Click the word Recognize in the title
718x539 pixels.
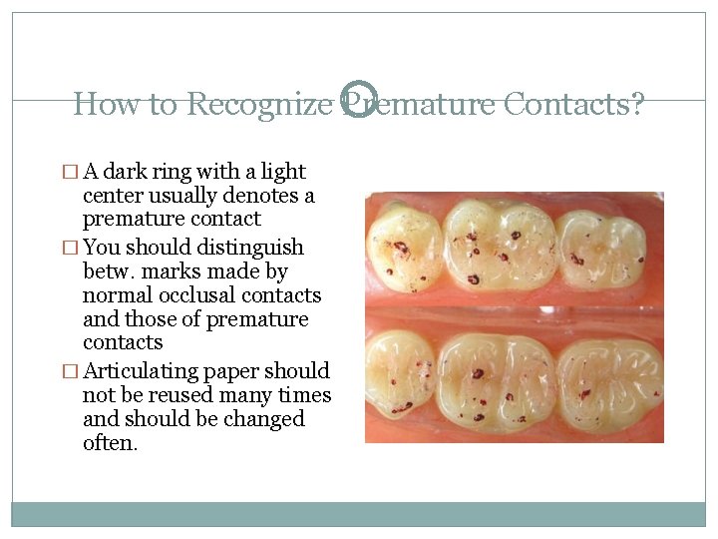259,103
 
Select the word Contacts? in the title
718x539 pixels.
574,103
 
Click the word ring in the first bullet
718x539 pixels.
175,172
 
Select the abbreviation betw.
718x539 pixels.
110,271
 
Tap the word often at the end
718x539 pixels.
110,443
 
